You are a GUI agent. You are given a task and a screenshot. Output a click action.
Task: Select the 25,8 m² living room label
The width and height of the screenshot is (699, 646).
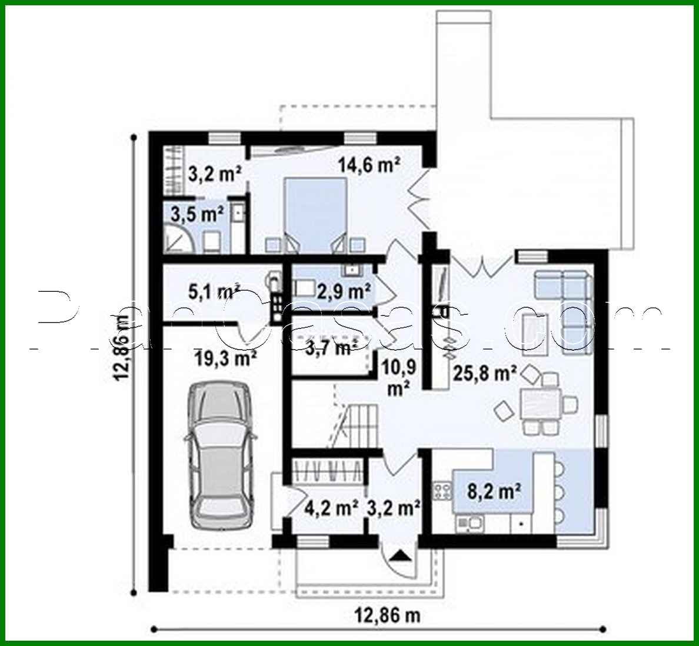(x=485, y=372)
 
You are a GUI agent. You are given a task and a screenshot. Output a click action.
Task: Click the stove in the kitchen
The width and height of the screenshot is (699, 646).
(x=441, y=489)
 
